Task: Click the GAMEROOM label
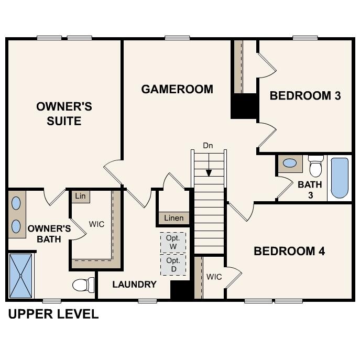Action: pyautogui.click(x=177, y=89)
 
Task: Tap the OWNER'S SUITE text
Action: pyautogui.click(x=64, y=114)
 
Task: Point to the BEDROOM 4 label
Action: pyautogui.click(x=289, y=251)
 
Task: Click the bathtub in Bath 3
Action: pyautogui.click(x=339, y=178)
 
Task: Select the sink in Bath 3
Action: pyautogui.click(x=289, y=163)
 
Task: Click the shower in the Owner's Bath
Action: pyautogui.click(x=21, y=276)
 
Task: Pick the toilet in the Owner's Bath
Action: pyautogui.click(x=83, y=285)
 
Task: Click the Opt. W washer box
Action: pyautogui.click(x=173, y=242)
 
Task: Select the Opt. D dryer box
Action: pyautogui.click(x=173, y=265)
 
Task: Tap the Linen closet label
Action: pyautogui.click(x=174, y=218)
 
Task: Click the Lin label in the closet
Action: pyautogui.click(x=80, y=196)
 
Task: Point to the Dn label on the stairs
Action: pyautogui.click(x=208, y=146)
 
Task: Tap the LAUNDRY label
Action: pyautogui.click(x=134, y=285)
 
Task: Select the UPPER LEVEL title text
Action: pyautogui.click(x=53, y=314)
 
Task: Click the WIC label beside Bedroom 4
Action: pyautogui.click(x=214, y=276)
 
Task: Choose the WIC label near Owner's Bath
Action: pyautogui.click(x=96, y=224)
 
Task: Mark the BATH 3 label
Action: pyautogui.click(x=309, y=189)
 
